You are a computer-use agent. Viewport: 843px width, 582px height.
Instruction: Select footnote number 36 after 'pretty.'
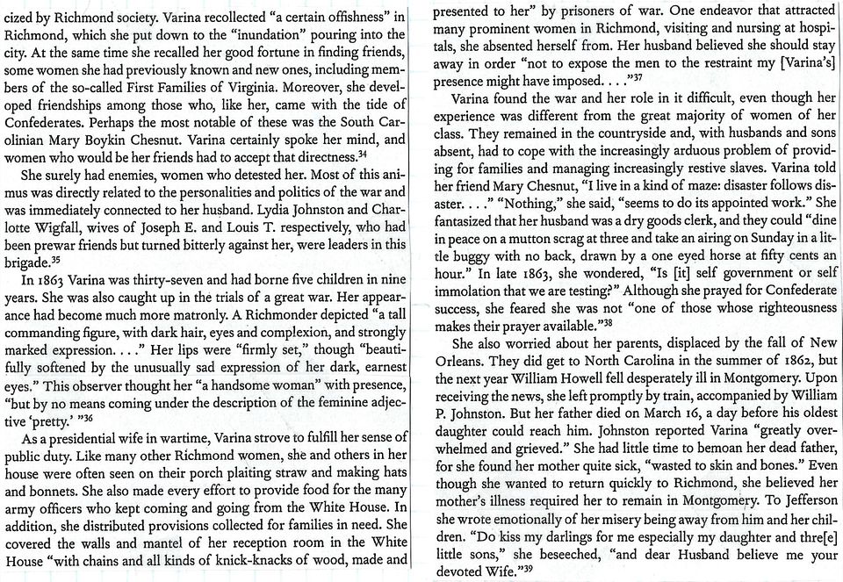click(91, 419)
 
